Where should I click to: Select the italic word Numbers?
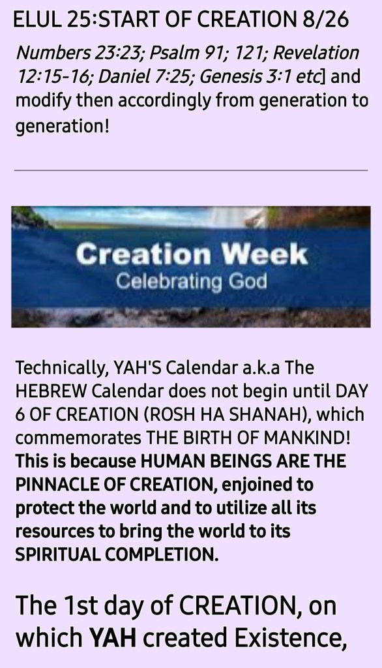tap(53, 53)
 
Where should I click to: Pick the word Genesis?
tap(230, 77)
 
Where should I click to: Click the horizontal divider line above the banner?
tap(191, 170)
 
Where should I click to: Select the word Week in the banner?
tap(263, 254)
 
